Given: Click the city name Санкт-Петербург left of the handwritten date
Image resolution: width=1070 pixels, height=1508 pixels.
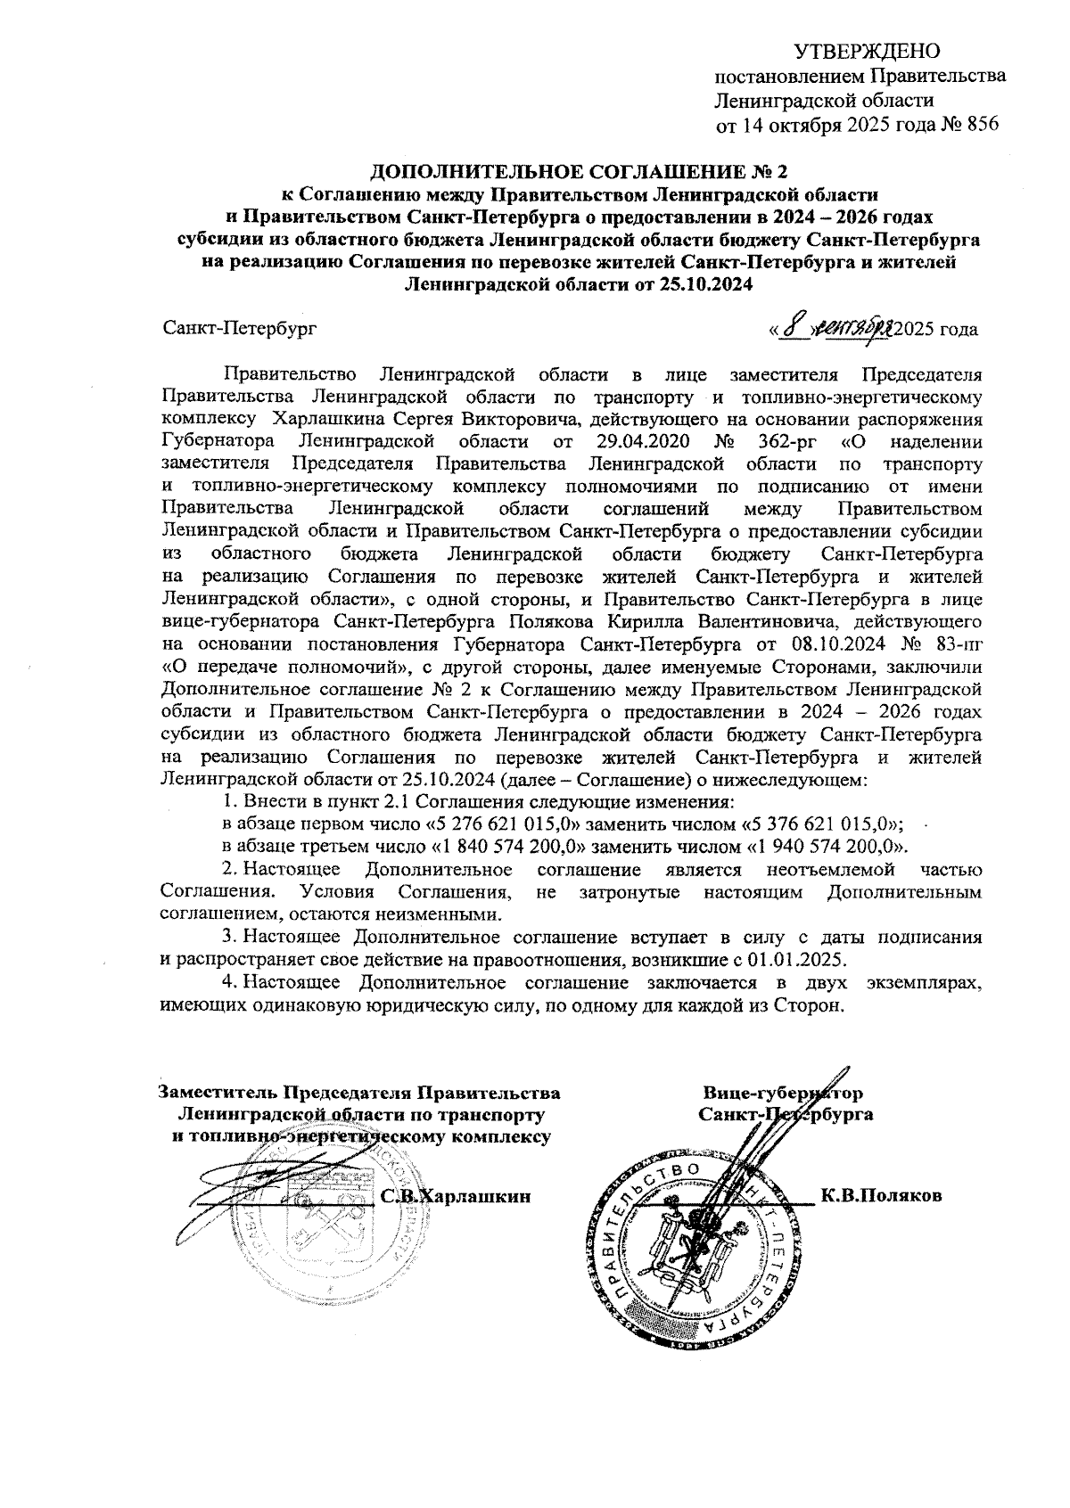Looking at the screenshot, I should click(239, 330).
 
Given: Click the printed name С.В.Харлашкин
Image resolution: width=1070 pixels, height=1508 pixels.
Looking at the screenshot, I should click(456, 1196).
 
